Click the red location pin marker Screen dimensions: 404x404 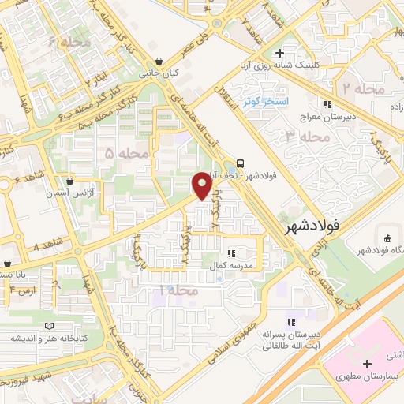pyautogui.click(x=202, y=186)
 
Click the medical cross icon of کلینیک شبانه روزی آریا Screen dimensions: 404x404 pyautogui.click(x=279, y=53)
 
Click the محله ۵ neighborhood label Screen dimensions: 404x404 pyautogui.click(x=121, y=151)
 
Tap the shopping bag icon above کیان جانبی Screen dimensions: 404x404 pyautogui.click(x=159, y=61)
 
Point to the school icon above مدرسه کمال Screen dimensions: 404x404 pyautogui.click(x=231, y=252)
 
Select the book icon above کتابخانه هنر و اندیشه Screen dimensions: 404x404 pyautogui.click(x=50, y=325)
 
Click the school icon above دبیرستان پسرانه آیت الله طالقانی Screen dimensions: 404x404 pyautogui.click(x=291, y=321)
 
